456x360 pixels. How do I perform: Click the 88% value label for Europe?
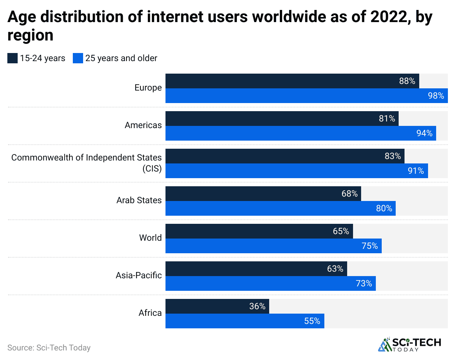tap(407, 81)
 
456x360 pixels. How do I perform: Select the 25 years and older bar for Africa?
tap(245, 321)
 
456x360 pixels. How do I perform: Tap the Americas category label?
tap(143, 125)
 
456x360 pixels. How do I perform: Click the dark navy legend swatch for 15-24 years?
tap(13, 58)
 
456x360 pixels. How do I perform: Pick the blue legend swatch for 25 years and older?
tap(78, 58)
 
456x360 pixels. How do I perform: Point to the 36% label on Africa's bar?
tap(257, 306)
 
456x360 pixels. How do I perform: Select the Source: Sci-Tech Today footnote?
tap(49, 347)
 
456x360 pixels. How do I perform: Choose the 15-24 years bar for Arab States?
tap(263, 194)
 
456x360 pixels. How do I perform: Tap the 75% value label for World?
tap(370, 246)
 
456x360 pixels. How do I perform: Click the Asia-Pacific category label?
tap(139, 275)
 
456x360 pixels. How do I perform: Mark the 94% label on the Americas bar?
tap(424, 133)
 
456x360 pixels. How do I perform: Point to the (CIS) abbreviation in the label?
tap(152, 169)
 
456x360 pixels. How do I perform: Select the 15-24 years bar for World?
tap(259, 231)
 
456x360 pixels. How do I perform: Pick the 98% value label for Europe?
tap(436, 96)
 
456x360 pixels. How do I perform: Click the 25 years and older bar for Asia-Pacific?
tap(270, 283)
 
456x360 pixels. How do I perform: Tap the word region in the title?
tap(30, 35)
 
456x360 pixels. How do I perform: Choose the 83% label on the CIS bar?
tap(392, 156)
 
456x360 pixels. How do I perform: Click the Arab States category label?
tap(139, 200)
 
